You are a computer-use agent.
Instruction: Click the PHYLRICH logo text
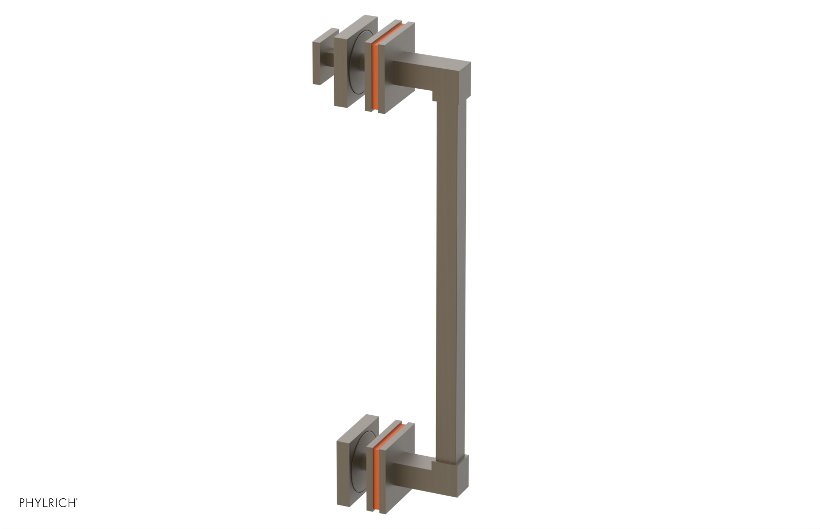(48, 503)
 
